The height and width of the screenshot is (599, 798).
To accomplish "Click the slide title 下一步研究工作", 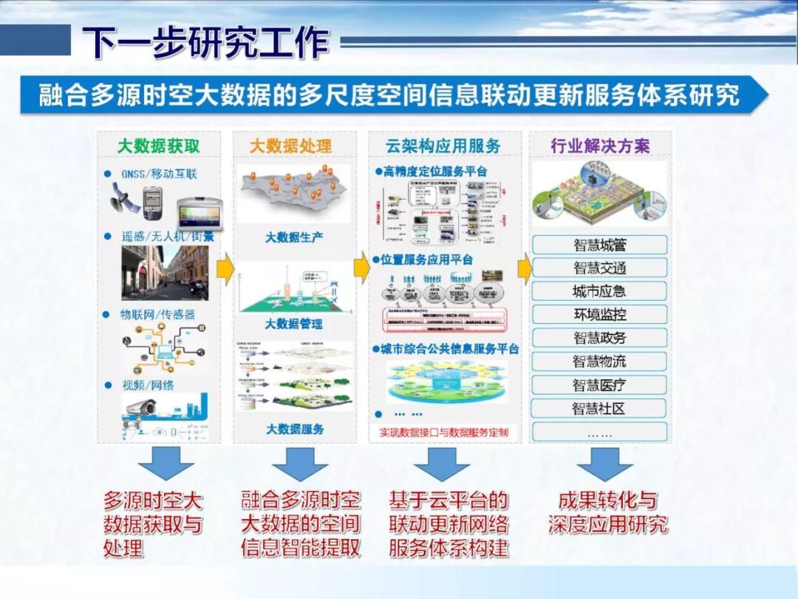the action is click(205, 42).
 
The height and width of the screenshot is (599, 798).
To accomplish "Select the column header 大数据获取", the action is click(158, 146).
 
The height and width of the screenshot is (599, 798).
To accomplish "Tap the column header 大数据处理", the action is click(290, 146).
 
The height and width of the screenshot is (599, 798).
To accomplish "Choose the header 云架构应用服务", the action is click(443, 146).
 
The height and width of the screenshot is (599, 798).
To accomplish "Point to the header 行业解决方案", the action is click(600, 146).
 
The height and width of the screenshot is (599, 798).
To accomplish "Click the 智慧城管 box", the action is click(599, 245).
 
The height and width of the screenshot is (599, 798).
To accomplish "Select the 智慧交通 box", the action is click(599, 268).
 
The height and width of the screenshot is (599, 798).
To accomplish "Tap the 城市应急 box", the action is click(599, 291).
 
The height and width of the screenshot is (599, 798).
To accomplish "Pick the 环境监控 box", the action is click(599, 314).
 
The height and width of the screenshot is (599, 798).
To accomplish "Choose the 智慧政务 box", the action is click(599, 338).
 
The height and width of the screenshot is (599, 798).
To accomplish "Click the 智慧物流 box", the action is click(599, 362).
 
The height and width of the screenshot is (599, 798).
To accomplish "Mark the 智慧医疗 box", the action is click(599, 385).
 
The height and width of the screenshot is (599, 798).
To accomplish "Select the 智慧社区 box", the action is click(599, 408).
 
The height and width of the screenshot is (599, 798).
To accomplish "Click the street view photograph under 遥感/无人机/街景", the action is click(165, 273).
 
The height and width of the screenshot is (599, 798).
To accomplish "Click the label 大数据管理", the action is click(294, 324).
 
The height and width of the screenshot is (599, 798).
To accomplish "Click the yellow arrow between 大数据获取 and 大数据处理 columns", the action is click(226, 268).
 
